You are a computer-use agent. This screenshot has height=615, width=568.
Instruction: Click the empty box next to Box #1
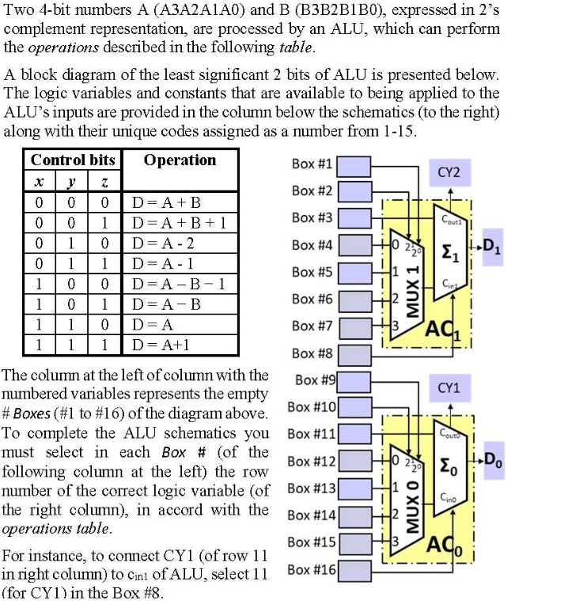coord(355,164)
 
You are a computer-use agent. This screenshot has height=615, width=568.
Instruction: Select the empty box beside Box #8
coord(355,353)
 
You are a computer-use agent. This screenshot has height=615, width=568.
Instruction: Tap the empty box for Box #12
coord(355,461)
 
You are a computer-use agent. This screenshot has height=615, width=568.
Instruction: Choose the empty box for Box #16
coord(355,569)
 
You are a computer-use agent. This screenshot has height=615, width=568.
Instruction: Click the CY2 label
coord(449,172)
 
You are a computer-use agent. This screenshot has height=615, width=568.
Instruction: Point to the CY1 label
coord(449,388)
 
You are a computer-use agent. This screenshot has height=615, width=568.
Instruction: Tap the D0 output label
coord(492,459)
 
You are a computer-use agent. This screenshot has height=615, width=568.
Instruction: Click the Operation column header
coord(180,160)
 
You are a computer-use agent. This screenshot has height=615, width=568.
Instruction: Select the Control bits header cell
coord(73,160)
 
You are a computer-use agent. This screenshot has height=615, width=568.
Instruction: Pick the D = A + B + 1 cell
coord(179,223)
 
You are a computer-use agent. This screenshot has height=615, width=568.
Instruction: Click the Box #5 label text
coord(312,272)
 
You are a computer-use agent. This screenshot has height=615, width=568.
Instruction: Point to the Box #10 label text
coord(312,407)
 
